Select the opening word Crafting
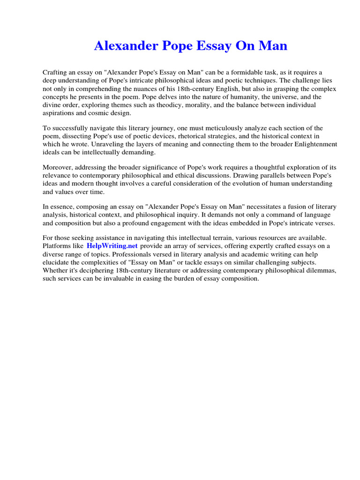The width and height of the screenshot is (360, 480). click(56, 72)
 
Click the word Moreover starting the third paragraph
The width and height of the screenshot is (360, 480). click(58, 167)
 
